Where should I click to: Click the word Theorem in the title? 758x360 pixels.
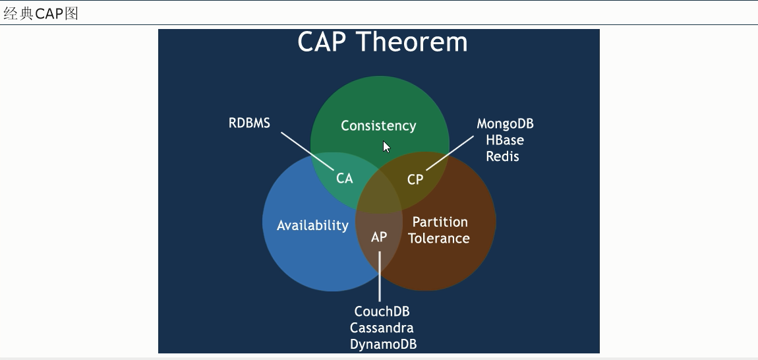[413, 42]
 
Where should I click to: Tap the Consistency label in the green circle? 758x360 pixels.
[378, 125]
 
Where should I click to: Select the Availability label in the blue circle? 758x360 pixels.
[312, 225]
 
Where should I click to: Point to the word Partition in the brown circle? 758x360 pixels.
[440, 222]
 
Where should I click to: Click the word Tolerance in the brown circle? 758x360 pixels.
[439, 239]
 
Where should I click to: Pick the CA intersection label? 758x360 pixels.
[345, 178]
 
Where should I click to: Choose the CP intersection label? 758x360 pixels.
[415, 179]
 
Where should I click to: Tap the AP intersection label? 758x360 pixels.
[379, 237]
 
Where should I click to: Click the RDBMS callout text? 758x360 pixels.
[249, 123]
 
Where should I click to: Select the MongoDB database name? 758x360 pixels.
[505, 124]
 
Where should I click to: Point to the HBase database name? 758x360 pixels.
[504, 140]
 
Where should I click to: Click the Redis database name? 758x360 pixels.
[503, 156]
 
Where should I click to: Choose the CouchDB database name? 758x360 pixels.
[382, 312]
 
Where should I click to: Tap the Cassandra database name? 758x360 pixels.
[382, 328]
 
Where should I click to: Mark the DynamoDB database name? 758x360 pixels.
[383, 344]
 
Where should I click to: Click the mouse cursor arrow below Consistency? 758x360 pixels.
[387, 147]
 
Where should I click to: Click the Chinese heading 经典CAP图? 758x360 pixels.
[41, 13]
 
